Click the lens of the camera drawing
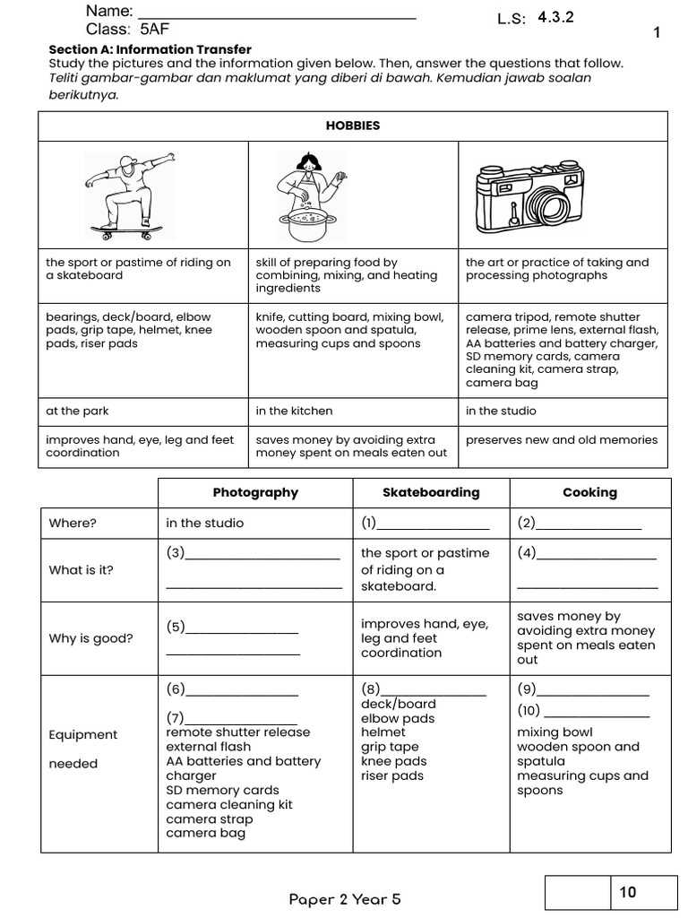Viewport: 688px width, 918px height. click(x=551, y=207)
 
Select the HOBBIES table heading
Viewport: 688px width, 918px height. click(x=353, y=126)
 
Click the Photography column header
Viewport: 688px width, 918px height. click(x=255, y=492)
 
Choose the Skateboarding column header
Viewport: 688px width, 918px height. click(x=431, y=492)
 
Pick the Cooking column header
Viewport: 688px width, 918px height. click(x=589, y=492)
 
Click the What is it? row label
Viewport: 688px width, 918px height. click(x=82, y=570)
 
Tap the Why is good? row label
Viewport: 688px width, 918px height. click(x=90, y=638)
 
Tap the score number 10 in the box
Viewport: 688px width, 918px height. click(x=627, y=892)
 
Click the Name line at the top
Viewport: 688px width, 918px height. click(x=278, y=15)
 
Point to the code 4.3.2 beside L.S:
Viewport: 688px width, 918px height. click(x=555, y=17)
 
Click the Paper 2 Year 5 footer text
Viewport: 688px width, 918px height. click(x=345, y=899)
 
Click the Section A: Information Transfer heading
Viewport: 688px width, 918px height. click(x=150, y=49)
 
